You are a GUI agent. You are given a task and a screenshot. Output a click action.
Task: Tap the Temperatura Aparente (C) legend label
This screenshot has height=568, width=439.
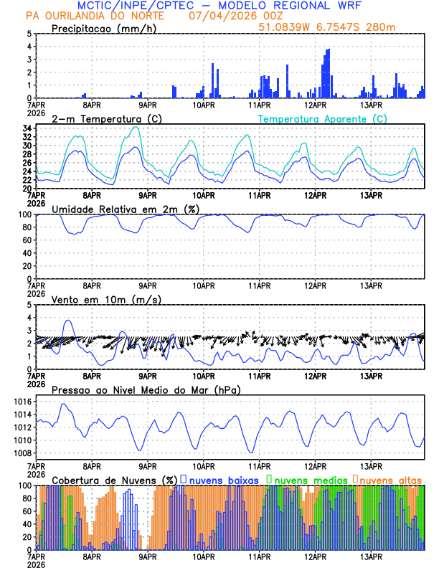click(x=322, y=118)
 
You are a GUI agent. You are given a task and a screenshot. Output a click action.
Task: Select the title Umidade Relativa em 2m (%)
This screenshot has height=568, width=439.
click(x=126, y=209)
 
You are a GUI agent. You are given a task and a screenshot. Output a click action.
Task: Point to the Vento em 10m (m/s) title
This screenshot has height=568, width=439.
click(x=106, y=299)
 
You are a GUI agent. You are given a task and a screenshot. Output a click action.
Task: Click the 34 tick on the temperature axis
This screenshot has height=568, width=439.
click(x=26, y=128)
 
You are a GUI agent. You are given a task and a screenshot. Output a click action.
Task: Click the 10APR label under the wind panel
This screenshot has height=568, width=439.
click(x=204, y=376)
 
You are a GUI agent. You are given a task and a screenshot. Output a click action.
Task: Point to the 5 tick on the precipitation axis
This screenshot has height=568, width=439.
click(x=29, y=34)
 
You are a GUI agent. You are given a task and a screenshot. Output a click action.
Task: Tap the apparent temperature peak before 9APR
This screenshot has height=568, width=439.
click(x=136, y=127)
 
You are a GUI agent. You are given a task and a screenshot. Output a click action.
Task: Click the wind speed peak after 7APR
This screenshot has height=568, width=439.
click(x=68, y=321)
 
